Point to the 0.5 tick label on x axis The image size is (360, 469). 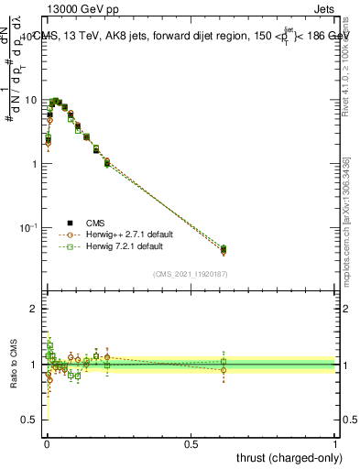click(x=191, y=442)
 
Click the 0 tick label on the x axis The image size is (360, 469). click(x=46, y=442)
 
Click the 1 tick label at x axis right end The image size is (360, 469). click(x=336, y=442)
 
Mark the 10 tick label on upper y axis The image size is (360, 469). click(x=30, y=99)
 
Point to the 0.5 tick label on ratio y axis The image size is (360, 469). click(x=30, y=420)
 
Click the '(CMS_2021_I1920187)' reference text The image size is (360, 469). click(x=190, y=274)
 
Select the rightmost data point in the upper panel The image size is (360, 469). click(x=224, y=249)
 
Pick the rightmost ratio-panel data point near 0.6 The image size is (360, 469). click(x=224, y=365)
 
